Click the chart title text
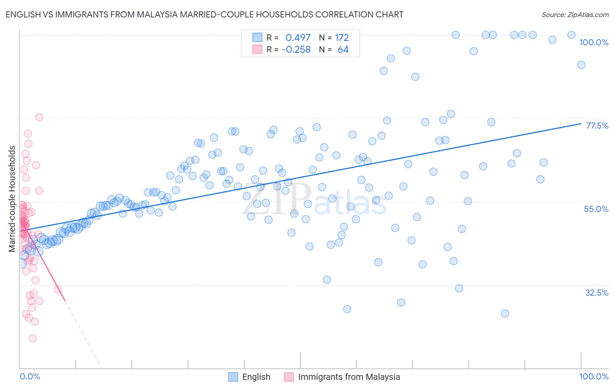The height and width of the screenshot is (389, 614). [204, 14]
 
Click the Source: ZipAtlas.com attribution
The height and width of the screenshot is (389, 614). [575, 14]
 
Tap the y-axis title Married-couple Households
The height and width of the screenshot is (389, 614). [12, 199]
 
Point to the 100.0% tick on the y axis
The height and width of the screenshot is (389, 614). [593, 42]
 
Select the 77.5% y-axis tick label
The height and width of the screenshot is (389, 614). [597, 126]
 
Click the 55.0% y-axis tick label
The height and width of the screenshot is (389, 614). [596, 209]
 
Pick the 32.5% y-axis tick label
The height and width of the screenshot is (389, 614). [597, 293]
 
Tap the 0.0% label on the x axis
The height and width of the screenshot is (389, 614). [30, 376]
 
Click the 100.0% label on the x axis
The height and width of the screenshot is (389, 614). [593, 376]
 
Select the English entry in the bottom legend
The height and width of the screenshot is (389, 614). [256, 377]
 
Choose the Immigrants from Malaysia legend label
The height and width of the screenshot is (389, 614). [348, 377]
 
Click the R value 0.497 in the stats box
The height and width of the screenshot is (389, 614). [298, 38]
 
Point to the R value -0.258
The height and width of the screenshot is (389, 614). [296, 50]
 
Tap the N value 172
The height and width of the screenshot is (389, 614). [341, 38]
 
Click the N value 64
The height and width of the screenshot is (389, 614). [343, 50]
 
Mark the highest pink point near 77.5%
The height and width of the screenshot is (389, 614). [39, 117]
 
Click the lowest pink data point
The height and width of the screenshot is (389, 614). [32, 338]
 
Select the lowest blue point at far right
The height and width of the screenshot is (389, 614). [505, 313]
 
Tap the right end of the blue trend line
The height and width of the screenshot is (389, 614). [581, 123]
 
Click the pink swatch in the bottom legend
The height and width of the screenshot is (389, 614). [289, 377]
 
